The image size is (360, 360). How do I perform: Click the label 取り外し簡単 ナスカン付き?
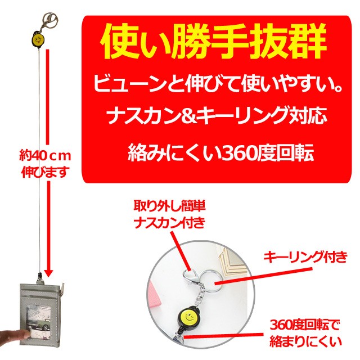[163, 214]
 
